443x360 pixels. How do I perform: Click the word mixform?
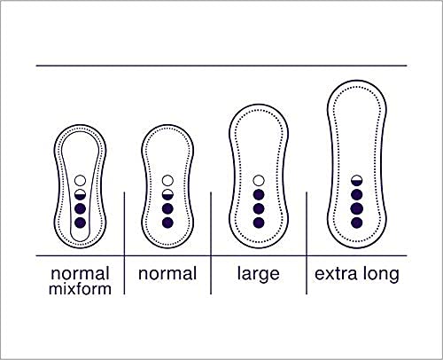[x=80, y=288]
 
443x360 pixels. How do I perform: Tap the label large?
[x=259, y=274]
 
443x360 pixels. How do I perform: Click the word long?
[x=381, y=275]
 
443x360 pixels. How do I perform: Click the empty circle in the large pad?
[x=259, y=180]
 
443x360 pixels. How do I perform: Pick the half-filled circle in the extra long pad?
[x=357, y=180]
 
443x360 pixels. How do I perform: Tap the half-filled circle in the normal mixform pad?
[x=80, y=194]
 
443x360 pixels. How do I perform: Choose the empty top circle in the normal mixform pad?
[x=80, y=180]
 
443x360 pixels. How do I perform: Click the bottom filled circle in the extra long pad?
[x=357, y=223]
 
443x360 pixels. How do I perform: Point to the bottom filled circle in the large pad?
[x=259, y=223]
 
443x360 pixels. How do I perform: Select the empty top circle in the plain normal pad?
[x=167, y=180]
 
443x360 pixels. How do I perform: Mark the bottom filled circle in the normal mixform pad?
[x=80, y=223]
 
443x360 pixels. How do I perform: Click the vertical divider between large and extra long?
[x=307, y=243]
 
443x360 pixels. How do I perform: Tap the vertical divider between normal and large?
[x=211, y=243]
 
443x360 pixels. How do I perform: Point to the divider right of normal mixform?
[x=124, y=243]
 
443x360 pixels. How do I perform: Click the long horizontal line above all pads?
[x=221, y=66]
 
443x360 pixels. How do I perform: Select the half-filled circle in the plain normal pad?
[x=167, y=194]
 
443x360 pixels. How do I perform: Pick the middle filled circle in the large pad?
[x=259, y=208]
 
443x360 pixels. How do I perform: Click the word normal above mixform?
[x=80, y=274]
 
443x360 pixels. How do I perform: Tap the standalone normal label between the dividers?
[x=167, y=274]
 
